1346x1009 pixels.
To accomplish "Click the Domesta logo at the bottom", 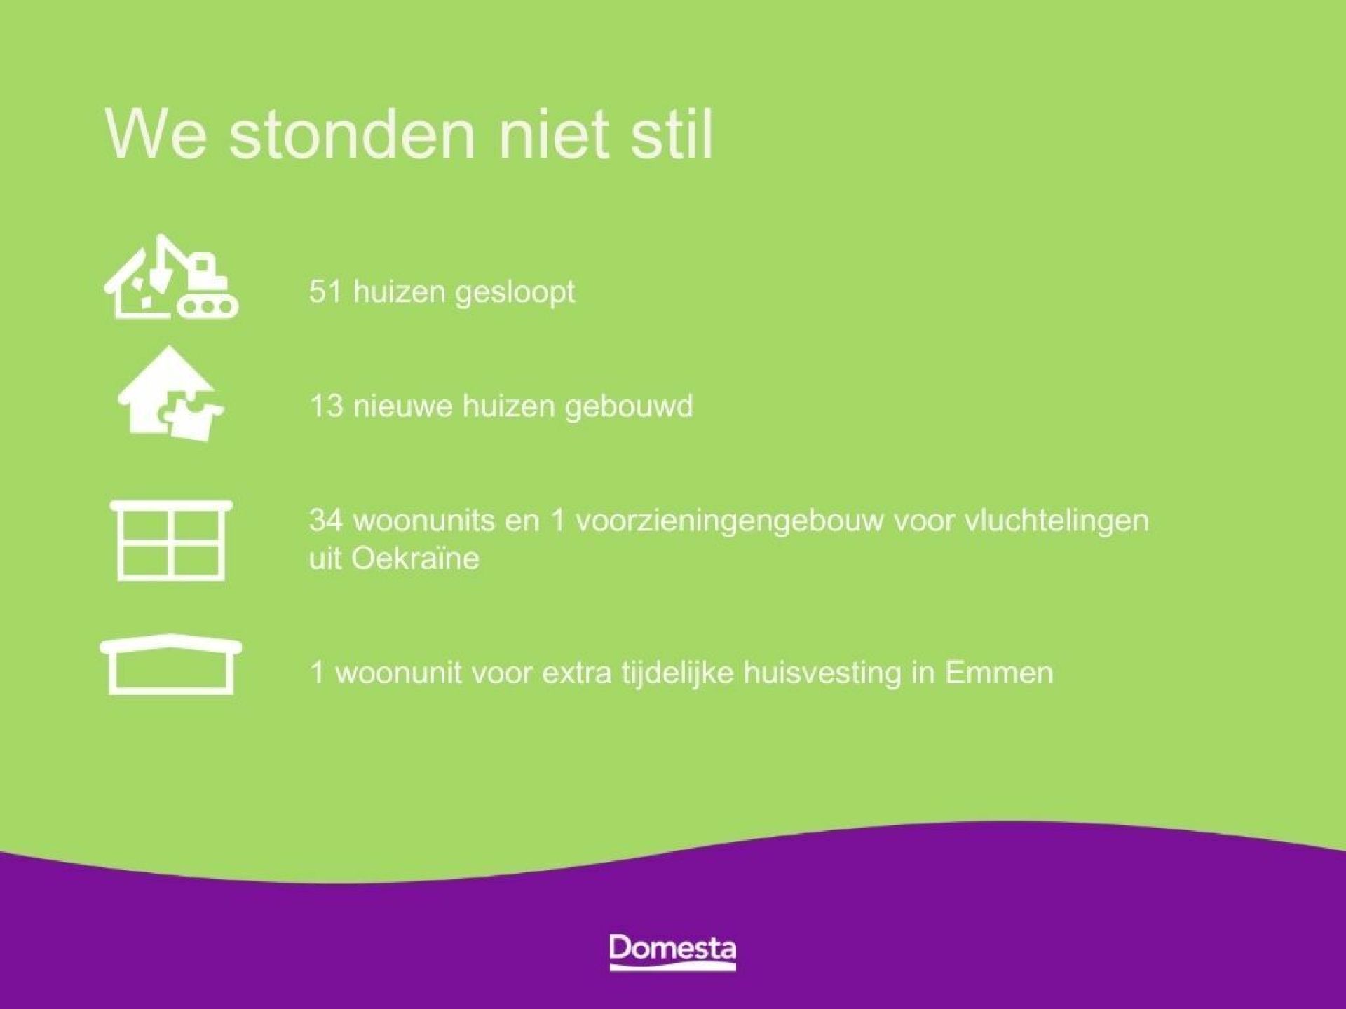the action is [x=672, y=951].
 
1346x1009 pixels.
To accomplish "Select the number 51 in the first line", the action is [x=325, y=291].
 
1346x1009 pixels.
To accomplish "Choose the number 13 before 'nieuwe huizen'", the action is [x=325, y=406].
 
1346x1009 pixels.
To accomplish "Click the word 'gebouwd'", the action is [x=629, y=406].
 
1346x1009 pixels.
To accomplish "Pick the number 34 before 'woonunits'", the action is [x=325, y=521].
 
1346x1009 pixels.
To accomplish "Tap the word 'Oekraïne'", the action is [x=415, y=558].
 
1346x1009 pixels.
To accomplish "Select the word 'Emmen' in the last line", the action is [x=999, y=673].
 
